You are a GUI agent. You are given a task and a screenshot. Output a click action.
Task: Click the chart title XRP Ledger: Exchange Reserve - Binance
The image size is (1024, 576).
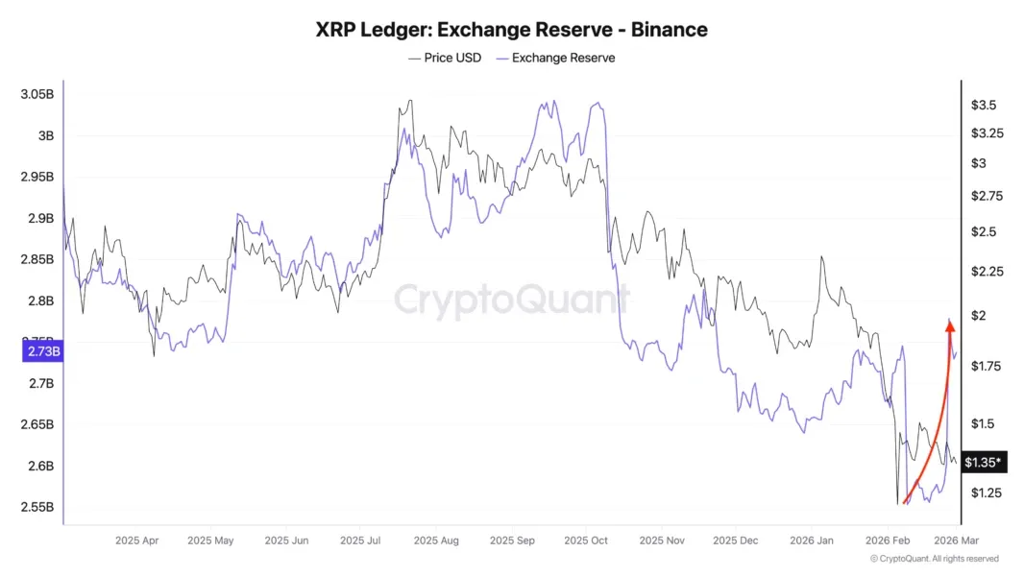tap(511, 30)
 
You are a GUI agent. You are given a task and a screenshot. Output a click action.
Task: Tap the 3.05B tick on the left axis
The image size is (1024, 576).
tap(37, 94)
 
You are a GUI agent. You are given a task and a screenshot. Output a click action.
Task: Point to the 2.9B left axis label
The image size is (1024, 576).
tap(39, 218)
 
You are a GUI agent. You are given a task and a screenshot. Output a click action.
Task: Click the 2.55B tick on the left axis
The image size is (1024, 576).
tap(37, 507)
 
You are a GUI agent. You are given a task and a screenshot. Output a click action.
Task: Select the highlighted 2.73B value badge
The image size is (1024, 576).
tap(41, 352)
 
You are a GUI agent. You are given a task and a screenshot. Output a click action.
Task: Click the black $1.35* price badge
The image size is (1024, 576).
tap(984, 463)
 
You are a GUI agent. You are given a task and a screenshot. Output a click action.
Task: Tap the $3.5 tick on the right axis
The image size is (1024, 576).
tap(983, 105)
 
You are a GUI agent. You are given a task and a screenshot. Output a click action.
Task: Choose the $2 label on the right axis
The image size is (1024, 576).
tap(978, 316)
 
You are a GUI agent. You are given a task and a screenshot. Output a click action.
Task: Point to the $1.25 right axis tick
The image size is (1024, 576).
tap(987, 492)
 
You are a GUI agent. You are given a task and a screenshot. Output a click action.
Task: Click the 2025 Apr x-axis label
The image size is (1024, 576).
tap(136, 540)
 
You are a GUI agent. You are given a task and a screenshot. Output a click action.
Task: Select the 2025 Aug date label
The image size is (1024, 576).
tap(435, 540)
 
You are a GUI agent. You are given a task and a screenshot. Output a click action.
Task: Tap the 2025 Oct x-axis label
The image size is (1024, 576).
tap(586, 540)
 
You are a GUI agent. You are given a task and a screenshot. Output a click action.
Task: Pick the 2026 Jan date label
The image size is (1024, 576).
tap(812, 540)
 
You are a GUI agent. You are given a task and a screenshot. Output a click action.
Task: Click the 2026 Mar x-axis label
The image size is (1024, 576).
tap(957, 540)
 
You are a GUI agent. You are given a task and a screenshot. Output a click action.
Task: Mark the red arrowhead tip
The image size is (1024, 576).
tap(950, 323)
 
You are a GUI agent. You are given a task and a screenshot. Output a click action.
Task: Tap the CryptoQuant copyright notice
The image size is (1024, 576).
tap(934, 559)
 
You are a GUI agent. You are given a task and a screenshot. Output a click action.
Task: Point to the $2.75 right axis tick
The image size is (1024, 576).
tap(987, 196)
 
